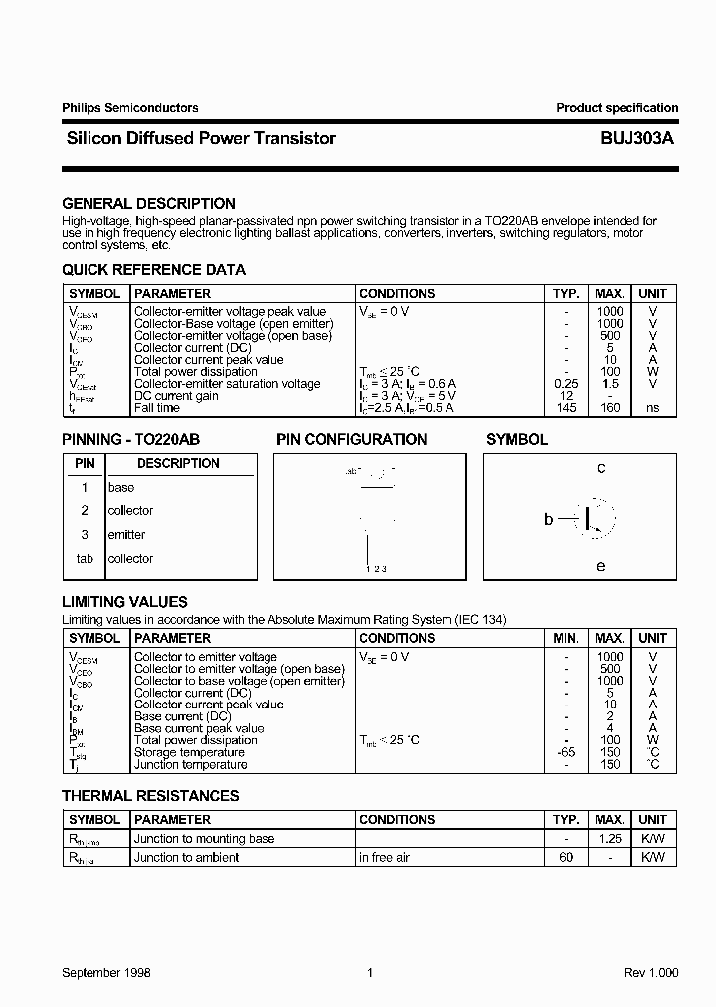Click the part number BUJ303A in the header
click(x=636, y=139)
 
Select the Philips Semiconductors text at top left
click(x=130, y=108)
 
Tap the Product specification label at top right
click(x=617, y=108)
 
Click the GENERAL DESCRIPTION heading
click(x=148, y=204)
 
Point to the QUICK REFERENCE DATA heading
click(x=153, y=270)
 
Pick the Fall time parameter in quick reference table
click(x=157, y=408)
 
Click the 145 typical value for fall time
click(x=567, y=408)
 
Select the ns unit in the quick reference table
click(x=652, y=408)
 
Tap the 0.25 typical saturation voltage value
click(x=566, y=384)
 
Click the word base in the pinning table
click(x=121, y=488)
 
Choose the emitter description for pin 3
click(x=126, y=535)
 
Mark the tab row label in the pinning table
click(x=85, y=559)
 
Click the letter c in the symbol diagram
click(x=601, y=468)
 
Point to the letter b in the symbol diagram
click(x=548, y=519)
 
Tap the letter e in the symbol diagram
click(x=601, y=566)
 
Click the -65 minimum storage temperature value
click(x=566, y=752)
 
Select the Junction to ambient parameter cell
click(x=186, y=857)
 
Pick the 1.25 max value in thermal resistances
click(x=609, y=839)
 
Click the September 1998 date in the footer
click(x=106, y=972)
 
